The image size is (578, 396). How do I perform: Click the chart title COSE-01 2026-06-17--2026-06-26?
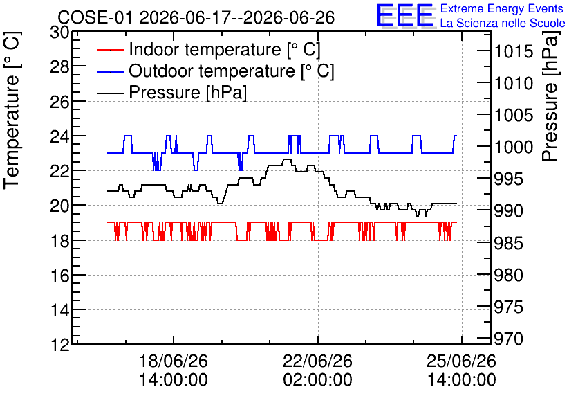pyautogui.click(x=196, y=17)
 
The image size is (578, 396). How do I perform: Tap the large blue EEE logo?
pyautogui.click(x=405, y=16)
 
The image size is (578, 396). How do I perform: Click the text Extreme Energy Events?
pyautogui.click(x=502, y=8)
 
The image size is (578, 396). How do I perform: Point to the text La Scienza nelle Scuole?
pyautogui.click(x=503, y=24)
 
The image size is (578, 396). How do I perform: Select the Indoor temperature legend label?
pyautogui.click(x=225, y=49)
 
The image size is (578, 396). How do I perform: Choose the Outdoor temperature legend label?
pyautogui.click(x=231, y=71)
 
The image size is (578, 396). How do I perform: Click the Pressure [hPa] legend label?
pyautogui.click(x=187, y=92)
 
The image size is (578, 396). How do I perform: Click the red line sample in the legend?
pyautogui.click(x=110, y=50)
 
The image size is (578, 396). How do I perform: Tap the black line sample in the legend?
pyautogui.click(x=110, y=93)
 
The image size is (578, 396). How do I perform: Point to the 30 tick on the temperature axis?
pyautogui.click(x=59, y=33)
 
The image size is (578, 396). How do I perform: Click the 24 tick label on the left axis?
pyautogui.click(x=59, y=136)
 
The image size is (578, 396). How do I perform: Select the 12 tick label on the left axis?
pyautogui.click(x=59, y=345)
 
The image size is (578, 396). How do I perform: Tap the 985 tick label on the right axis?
pyautogui.click(x=509, y=243)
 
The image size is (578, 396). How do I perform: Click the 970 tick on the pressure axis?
pyautogui.click(x=509, y=339)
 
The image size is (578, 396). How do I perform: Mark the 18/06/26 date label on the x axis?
pyautogui.click(x=174, y=361)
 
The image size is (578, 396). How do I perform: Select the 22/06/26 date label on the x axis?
pyautogui.click(x=317, y=361)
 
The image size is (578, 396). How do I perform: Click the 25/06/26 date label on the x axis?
pyautogui.click(x=462, y=361)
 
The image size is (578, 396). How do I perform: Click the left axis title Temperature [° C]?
pyautogui.click(x=12, y=111)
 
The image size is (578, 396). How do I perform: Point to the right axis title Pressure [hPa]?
pyautogui.click(x=550, y=96)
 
